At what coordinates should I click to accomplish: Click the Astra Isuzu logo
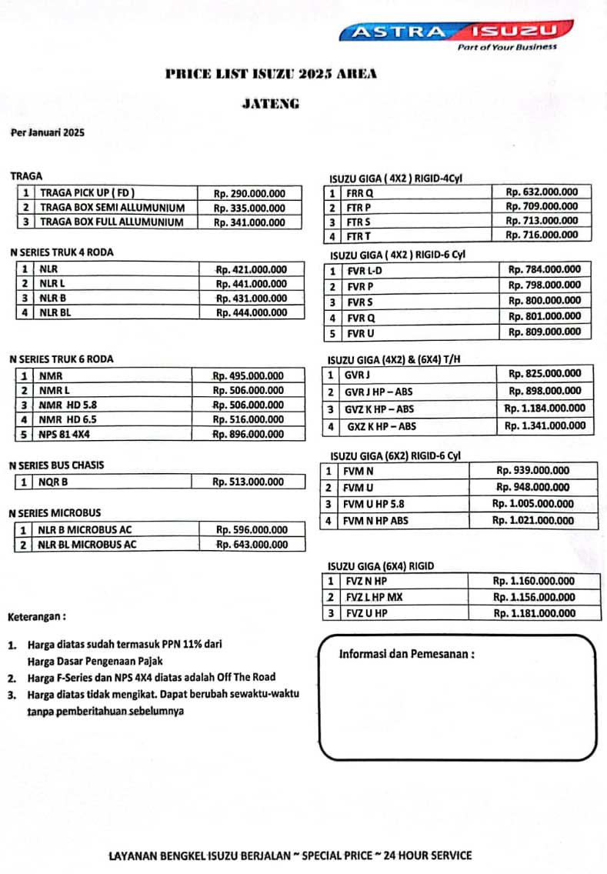tap(458, 32)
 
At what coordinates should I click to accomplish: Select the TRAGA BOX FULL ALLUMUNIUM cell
tap(112, 222)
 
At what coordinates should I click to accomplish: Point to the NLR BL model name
tap(54, 312)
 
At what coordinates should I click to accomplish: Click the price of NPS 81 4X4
tap(248, 435)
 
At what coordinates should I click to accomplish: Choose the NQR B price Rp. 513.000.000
tap(248, 482)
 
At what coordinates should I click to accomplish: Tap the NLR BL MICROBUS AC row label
tap(88, 545)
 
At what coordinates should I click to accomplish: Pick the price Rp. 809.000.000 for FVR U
tap(545, 332)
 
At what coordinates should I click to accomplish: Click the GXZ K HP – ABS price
tap(544, 425)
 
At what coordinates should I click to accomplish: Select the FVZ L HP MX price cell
tap(534, 597)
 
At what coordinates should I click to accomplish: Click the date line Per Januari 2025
tap(48, 132)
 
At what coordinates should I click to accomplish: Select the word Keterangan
tap(36, 617)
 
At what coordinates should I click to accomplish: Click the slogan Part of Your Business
tap(507, 48)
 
